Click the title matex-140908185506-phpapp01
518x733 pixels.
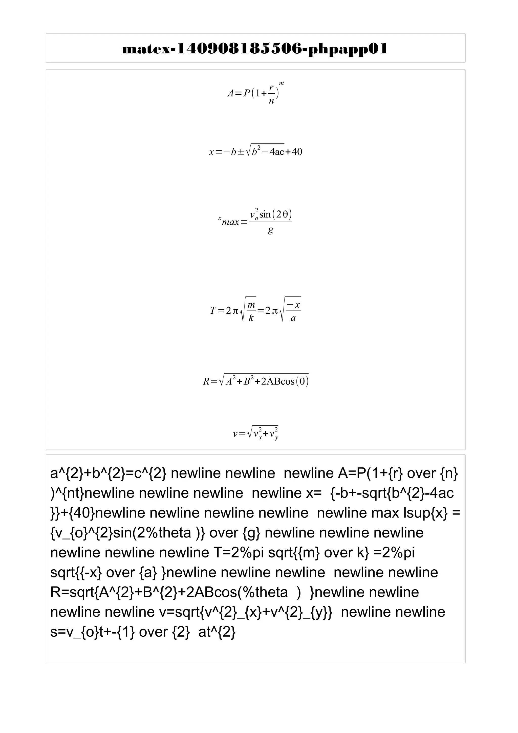tap(255, 49)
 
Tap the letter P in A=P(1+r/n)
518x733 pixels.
tap(246, 93)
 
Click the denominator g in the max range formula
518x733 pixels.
tap(270, 230)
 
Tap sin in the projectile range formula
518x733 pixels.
tap(265, 214)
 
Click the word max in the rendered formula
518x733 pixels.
tap(230, 222)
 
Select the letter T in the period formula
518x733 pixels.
tap(213, 310)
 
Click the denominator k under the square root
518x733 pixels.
tap(251, 318)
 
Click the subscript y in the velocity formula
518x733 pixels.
tap(276, 438)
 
